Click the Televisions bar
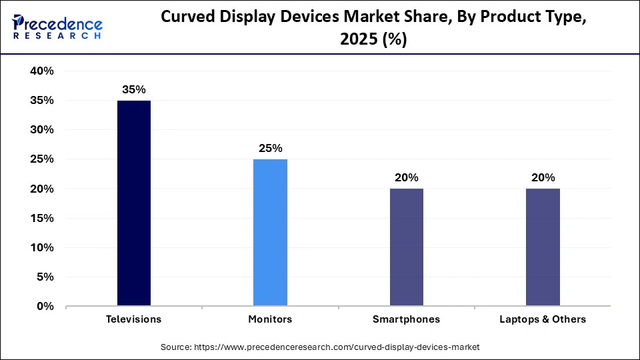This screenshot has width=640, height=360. pyautogui.click(x=134, y=203)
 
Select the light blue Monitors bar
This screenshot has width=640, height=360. pyautogui.click(x=270, y=233)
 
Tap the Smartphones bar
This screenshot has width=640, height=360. pyautogui.click(x=406, y=247)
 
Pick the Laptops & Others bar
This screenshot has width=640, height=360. pyautogui.click(x=543, y=247)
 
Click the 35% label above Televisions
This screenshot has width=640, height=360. pyautogui.click(x=134, y=89)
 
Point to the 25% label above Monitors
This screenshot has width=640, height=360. pyautogui.click(x=270, y=148)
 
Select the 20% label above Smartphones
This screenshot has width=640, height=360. pyautogui.click(x=406, y=177)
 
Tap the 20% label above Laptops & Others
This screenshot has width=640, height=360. pyautogui.click(x=543, y=177)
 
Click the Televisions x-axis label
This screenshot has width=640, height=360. pyautogui.click(x=134, y=319)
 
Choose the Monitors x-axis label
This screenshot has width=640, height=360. pyautogui.click(x=270, y=319)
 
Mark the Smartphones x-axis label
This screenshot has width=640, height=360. pyautogui.click(x=406, y=319)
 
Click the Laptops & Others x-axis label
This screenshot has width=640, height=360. pyautogui.click(x=543, y=319)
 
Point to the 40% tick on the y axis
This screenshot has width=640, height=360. pyautogui.click(x=41, y=71)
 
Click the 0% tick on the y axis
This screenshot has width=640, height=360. pyautogui.click(x=45, y=307)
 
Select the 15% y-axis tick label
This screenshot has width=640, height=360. pyautogui.click(x=41, y=219)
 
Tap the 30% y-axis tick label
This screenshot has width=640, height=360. pyautogui.click(x=41, y=130)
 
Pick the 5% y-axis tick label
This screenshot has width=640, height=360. pyautogui.click(x=45, y=277)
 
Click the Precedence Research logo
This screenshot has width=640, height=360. pyautogui.click(x=57, y=27)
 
